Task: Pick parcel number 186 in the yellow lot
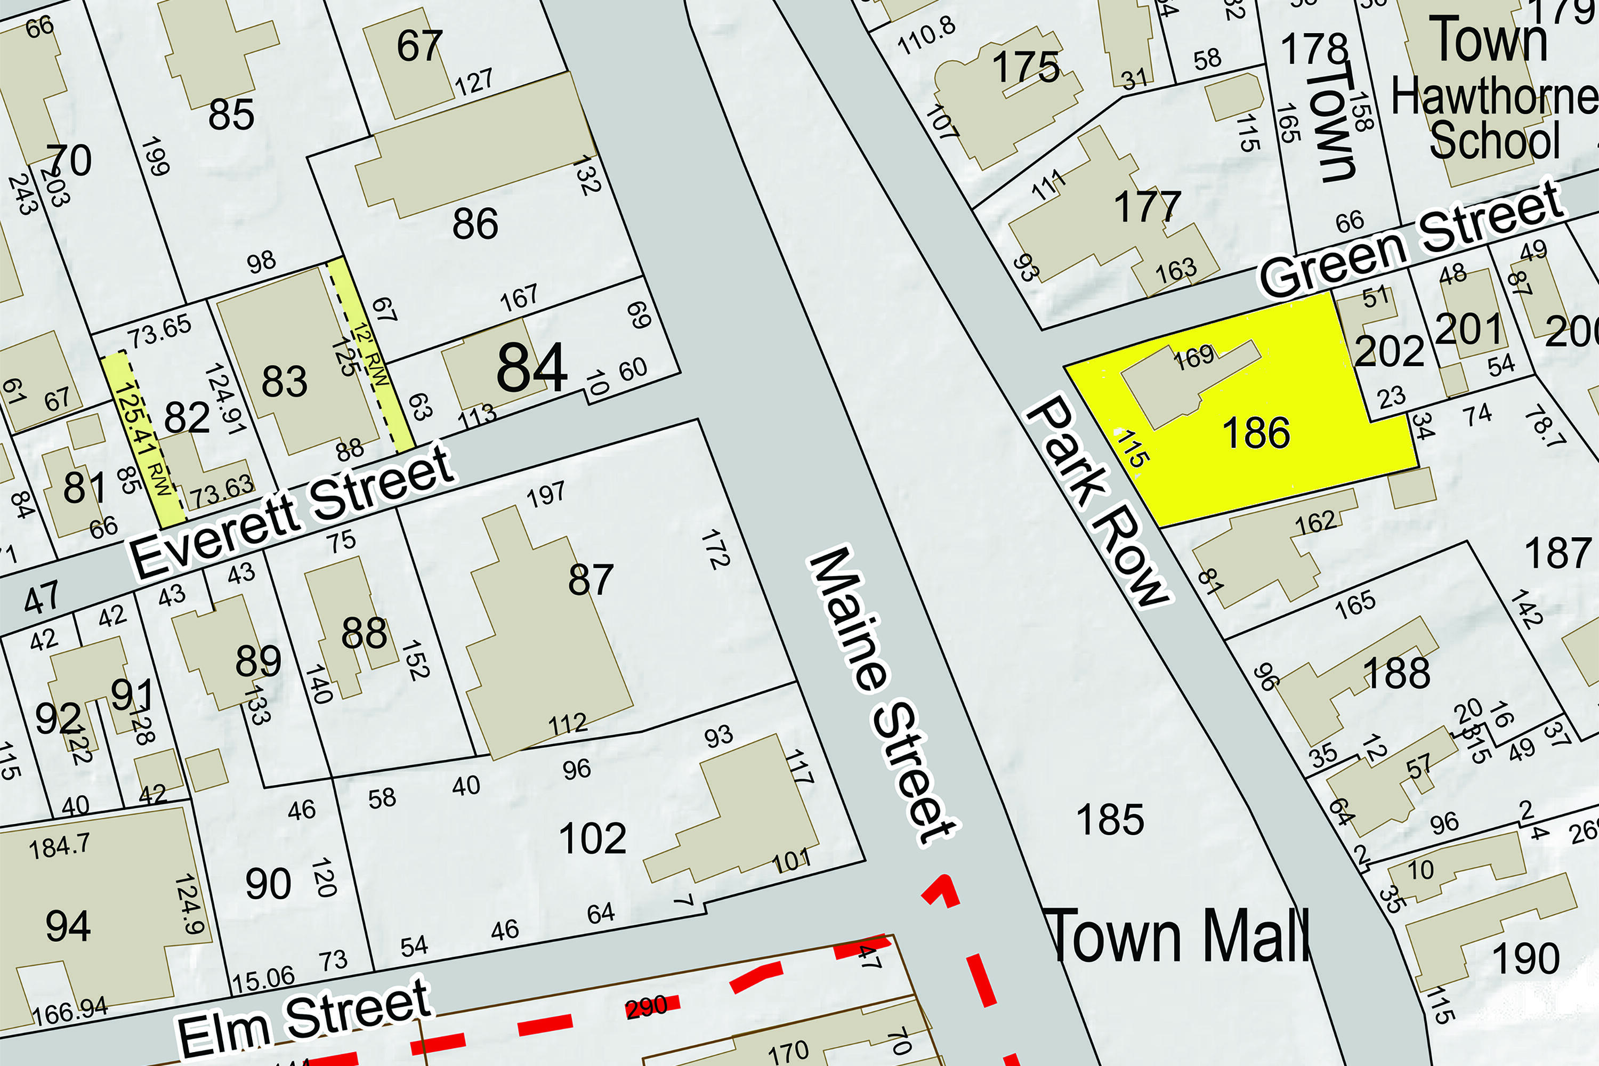(1256, 433)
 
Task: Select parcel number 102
(592, 838)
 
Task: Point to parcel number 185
(1110, 819)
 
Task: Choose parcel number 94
(68, 926)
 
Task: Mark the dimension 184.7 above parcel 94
(59, 846)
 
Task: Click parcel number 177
(1147, 207)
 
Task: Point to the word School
(1495, 140)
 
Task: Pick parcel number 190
(1525, 958)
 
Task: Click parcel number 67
(419, 46)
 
